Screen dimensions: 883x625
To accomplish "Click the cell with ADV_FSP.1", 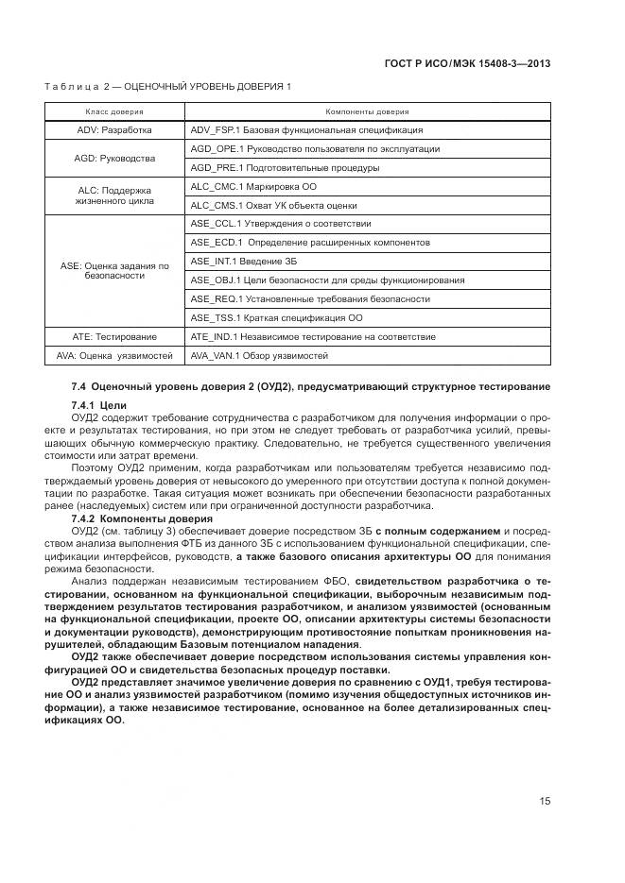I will [x=306, y=130].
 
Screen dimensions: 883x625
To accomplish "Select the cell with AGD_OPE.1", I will [x=314, y=149].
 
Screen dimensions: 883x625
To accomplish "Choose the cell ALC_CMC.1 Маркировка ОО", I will [x=253, y=187].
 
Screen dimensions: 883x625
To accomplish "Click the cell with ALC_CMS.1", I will [x=273, y=205].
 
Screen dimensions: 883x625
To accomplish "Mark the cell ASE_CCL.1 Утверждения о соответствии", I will [x=280, y=224].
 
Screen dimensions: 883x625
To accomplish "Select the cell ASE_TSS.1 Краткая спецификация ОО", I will [x=276, y=318].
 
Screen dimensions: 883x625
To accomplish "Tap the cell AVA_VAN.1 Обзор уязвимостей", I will [x=259, y=356].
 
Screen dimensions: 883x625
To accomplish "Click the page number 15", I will [x=546, y=802].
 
